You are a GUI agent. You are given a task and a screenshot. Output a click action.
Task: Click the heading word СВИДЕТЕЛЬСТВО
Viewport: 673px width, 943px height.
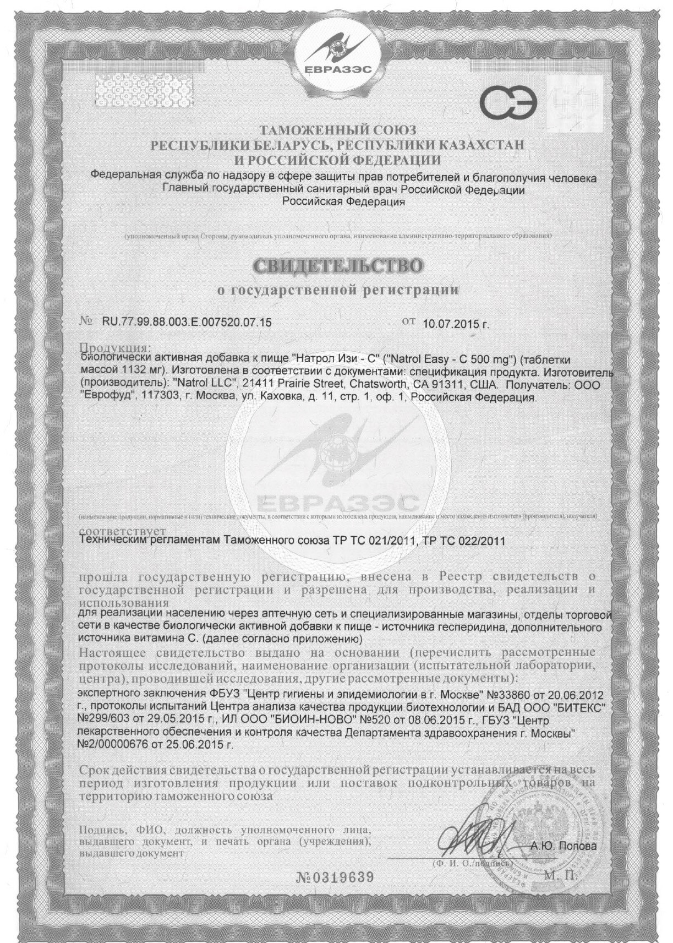pyautogui.click(x=338, y=266)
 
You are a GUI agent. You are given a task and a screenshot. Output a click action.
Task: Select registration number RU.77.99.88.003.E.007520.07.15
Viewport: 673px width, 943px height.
pyautogui.click(x=187, y=323)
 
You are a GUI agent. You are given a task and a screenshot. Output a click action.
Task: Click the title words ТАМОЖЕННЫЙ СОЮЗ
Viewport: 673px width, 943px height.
pyautogui.click(x=337, y=130)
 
